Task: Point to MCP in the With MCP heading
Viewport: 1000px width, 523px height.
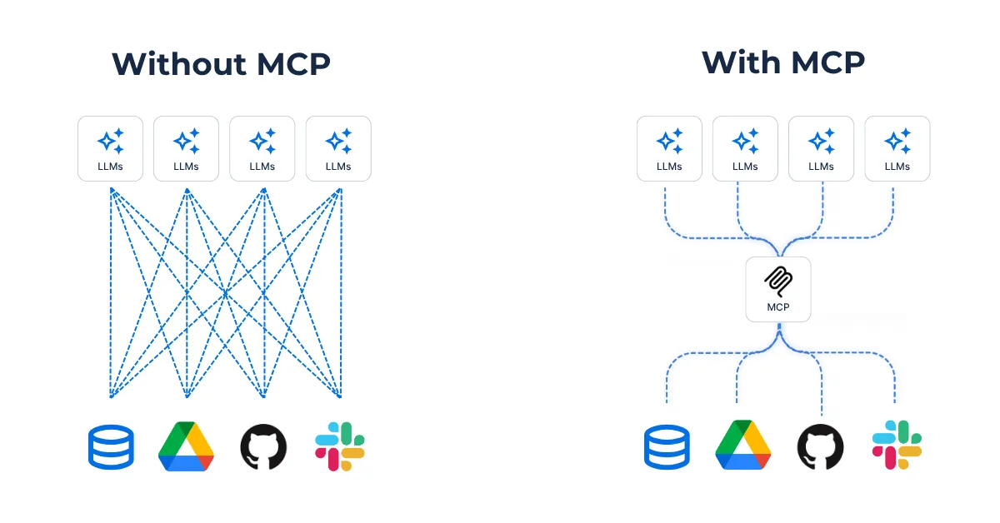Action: click(x=827, y=62)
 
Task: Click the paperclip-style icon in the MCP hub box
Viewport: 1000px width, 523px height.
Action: click(x=777, y=282)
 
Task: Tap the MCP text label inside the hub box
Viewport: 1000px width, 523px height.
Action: click(x=777, y=307)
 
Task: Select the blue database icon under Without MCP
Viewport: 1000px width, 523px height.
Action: click(x=111, y=446)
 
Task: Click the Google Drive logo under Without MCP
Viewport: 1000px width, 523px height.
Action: click(x=186, y=446)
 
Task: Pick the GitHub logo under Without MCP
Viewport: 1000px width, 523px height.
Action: click(x=263, y=446)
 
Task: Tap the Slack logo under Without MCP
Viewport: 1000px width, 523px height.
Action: click(x=340, y=446)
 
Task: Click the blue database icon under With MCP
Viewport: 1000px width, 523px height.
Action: click(x=667, y=446)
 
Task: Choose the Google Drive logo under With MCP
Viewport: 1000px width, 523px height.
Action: click(x=742, y=446)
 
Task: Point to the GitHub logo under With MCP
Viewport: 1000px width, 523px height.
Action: click(x=820, y=446)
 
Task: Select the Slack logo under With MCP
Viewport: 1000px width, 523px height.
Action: click(x=897, y=446)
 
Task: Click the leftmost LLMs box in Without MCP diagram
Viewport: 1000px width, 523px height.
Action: click(x=110, y=148)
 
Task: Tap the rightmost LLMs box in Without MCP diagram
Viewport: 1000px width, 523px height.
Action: click(x=338, y=148)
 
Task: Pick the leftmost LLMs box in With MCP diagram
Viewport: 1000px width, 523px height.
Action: click(x=669, y=148)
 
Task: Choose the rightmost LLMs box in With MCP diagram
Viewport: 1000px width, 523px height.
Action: click(x=897, y=148)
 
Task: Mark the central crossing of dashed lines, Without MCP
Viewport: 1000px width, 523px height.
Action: click(x=225, y=293)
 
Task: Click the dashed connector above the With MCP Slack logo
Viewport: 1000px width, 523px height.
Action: click(x=895, y=383)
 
